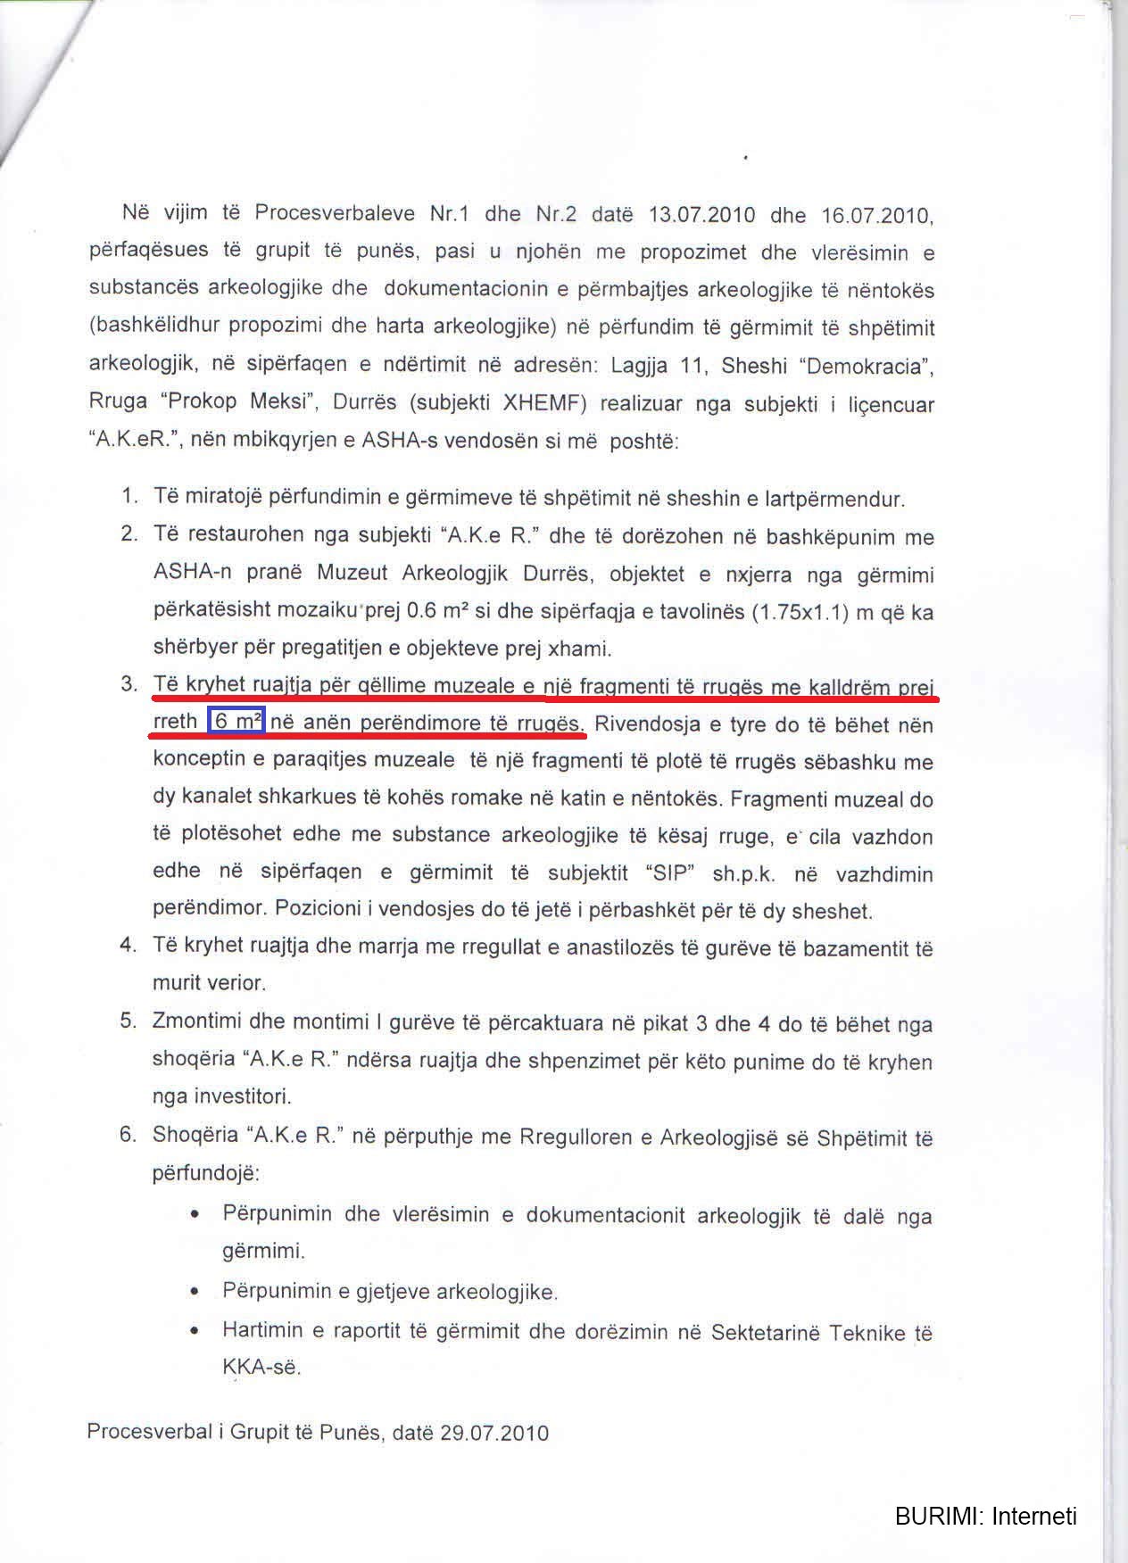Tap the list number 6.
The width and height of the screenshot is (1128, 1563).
(128, 1135)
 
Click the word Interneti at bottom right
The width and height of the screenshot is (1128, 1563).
(1034, 1516)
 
